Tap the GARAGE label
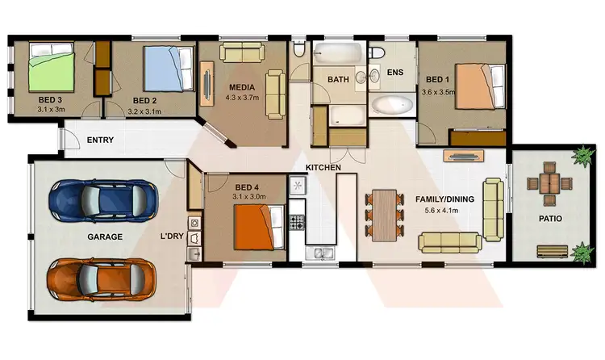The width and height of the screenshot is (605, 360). (105, 237)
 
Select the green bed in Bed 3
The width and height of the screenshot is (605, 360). (52, 67)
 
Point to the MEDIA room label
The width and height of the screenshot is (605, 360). (242, 88)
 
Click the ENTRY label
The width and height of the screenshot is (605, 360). (100, 140)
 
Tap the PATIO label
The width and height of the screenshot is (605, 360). (550, 219)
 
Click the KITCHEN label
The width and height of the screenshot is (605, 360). (323, 167)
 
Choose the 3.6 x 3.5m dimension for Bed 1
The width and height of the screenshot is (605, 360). (438, 92)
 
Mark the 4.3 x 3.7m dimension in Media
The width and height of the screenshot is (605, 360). (243, 99)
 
